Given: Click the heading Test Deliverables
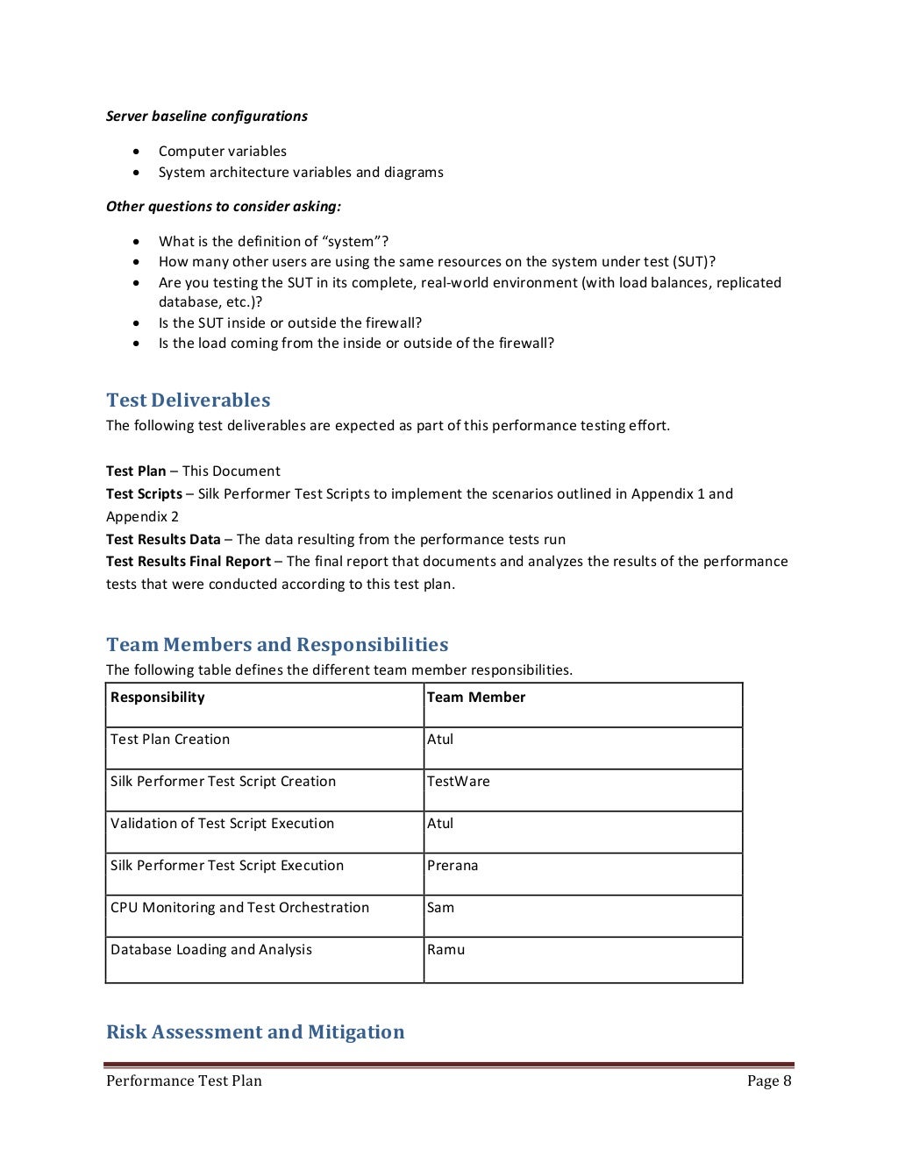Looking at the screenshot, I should pos(188,400).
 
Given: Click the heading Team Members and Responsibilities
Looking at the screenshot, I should pos(276,645).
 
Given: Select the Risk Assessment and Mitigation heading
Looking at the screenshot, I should pos(255,1032).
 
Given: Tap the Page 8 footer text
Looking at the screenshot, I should pos(769,1081).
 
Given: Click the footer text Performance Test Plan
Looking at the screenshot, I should pos(184,1081).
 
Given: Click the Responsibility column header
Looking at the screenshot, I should pos(158,698).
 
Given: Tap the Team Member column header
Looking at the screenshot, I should pos(476,698).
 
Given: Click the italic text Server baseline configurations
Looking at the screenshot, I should pos(207,117).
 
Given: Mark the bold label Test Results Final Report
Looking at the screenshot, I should pos(189,562).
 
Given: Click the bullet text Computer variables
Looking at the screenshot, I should pos(223,152).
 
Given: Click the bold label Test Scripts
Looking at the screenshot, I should pos(144,494).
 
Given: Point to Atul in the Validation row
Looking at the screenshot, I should pos(440,824).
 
